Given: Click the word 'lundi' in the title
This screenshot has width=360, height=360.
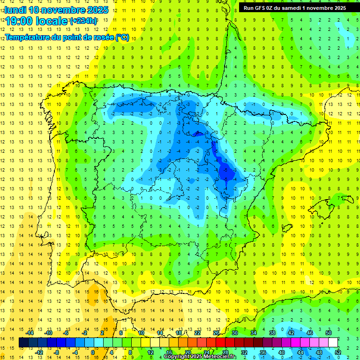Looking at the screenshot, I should point(15,10).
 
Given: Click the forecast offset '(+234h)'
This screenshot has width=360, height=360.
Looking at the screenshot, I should point(83,21).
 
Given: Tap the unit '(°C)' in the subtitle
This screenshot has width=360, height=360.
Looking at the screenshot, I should point(122,37).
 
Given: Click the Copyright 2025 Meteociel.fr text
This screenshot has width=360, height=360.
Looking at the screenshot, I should point(200,357).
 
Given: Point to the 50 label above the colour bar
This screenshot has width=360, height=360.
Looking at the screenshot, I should point(328,333).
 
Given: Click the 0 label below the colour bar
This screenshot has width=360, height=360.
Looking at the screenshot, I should point(93,352).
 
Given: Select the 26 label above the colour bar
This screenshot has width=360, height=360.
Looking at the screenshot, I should point(216,333).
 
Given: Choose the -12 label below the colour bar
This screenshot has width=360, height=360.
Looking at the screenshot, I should point(39,352).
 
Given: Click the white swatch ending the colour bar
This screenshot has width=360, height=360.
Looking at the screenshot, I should point(333,343).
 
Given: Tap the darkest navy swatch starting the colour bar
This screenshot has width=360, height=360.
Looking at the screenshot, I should point(23,343).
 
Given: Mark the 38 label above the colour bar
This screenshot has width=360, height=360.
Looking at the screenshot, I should point(272,333).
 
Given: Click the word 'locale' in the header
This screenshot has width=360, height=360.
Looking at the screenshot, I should point(51,21).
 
